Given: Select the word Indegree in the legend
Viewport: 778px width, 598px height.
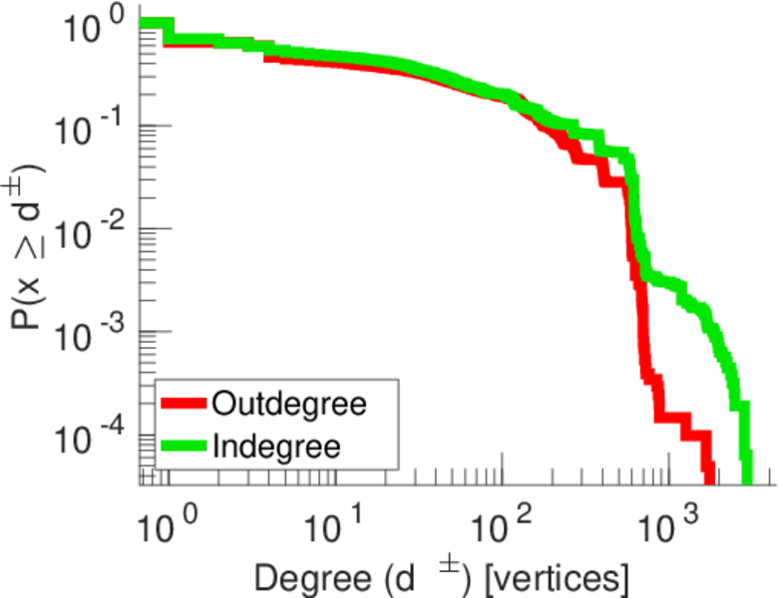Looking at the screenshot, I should [276, 446].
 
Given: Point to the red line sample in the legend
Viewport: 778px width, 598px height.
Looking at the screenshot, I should [184, 405].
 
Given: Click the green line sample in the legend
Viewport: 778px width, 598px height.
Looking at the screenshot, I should [184, 446].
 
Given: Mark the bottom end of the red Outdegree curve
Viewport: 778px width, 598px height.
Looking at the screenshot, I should [708, 476].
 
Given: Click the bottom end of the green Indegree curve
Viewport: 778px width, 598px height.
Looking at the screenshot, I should [746, 476].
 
